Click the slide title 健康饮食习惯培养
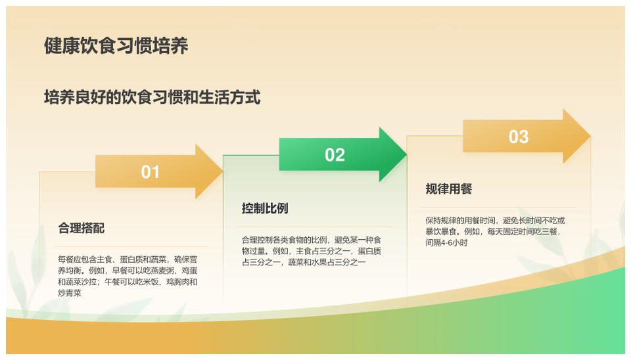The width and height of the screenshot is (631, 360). point(116,46)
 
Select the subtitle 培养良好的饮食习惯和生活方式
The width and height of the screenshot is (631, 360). point(152,97)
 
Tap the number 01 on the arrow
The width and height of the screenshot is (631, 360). point(150,172)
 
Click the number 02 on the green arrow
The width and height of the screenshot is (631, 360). point(335,155)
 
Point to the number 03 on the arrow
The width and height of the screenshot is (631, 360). point(519,137)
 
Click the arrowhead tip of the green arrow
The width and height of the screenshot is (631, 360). point(406,154)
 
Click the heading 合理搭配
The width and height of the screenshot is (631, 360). point(82,228)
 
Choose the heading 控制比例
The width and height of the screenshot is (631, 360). point(265,208)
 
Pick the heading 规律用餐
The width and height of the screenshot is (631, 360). point(449,189)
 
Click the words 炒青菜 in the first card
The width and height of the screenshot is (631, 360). point(70,293)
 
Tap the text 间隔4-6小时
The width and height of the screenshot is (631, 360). point(447,242)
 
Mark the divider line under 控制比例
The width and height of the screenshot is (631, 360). point(315,227)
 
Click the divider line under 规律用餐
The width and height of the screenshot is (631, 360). point(499,207)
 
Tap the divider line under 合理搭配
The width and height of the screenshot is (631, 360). point(131,246)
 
